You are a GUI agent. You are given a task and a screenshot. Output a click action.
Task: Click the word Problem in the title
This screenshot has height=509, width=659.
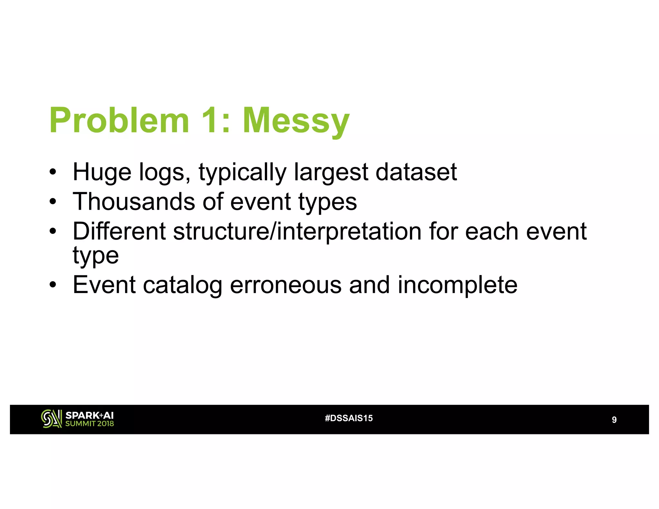click(119, 121)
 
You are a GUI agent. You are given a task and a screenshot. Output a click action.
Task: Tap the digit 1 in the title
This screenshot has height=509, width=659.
click(211, 121)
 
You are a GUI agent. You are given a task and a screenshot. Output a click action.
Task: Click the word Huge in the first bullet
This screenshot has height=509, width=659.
click(102, 172)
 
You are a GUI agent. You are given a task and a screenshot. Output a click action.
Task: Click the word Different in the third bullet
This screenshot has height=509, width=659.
click(119, 231)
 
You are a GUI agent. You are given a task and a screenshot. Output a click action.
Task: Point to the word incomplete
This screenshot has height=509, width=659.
click(457, 285)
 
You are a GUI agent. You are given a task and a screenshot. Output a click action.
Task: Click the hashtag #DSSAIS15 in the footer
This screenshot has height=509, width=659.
click(349, 418)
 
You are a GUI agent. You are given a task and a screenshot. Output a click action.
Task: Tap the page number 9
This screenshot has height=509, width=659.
click(614, 420)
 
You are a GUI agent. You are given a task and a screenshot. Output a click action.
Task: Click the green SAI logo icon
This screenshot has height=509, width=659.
click(51, 419)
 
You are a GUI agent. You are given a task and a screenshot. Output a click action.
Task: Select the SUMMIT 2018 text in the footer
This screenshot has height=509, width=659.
click(89, 424)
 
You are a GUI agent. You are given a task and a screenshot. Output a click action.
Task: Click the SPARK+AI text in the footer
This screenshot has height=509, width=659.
click(89, 415)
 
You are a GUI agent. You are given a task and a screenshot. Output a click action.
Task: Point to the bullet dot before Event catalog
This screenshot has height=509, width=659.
click(53, 285)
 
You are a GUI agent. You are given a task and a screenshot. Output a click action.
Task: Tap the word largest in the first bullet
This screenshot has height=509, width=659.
click(331, 172)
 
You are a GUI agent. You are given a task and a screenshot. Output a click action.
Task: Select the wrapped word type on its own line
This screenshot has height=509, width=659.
click(96, 256)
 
